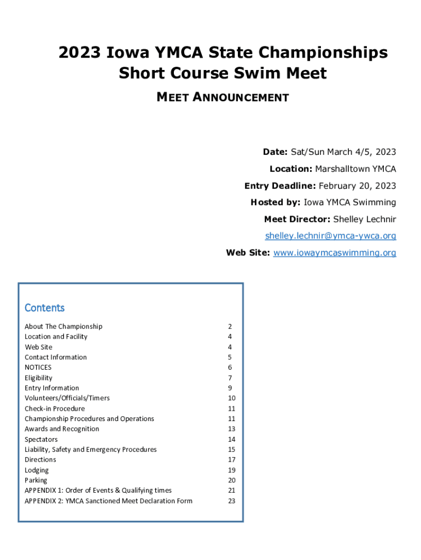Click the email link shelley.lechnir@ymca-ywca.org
tap(330, 236)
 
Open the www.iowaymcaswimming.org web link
tap(335, 253)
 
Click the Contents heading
tap(45, 308)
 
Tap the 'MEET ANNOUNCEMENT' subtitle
tap(223, 97)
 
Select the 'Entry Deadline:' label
tap(280, 185)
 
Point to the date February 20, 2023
tap(358, 185)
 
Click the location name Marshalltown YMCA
tap(355, 168)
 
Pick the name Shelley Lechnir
tap(365, 219)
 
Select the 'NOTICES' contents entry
tap(38, 367)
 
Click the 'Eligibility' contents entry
tap(39, 378)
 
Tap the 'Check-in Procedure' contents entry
tap(55, 409)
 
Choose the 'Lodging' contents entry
tap(37, 470)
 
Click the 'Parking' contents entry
tap(36, 480)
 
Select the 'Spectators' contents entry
tap(41, 439)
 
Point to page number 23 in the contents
tap(231, 501)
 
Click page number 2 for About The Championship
tap(230, 326)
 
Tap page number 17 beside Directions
tap(231, 460)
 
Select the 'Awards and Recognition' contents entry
tap(62, 429)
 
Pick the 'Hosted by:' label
tap(276, 202)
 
